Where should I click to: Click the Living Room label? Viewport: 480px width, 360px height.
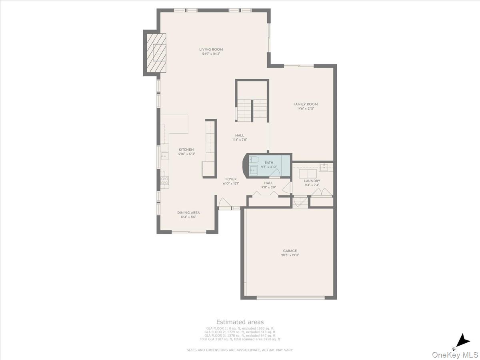click(x=211, y=50)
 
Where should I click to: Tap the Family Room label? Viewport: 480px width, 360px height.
click(x=306, y=104)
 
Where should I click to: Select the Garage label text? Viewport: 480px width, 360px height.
click(x=290, y=251)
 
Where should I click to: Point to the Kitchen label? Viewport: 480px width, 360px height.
click(x=186, y=150)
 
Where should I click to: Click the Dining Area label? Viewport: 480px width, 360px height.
click(x=188, y=213)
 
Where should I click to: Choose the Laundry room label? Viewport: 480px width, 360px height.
click(x=312, y=181)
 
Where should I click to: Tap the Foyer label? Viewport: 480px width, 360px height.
click(x=230, y=179)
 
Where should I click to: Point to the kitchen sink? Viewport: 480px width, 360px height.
click(x=164, y=156)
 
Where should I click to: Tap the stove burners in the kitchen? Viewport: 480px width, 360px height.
click(x=164, y=180)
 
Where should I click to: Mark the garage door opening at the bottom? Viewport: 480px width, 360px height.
click(x=290, y=297)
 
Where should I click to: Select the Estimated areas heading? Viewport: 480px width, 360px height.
click(x=240, y=322)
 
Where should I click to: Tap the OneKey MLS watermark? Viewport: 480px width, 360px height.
click(x=455, y=355)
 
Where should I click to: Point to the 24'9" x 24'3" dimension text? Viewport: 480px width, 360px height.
click(x=211, y=54)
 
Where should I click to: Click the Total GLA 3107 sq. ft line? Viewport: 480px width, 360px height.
click(x=240, y=339)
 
